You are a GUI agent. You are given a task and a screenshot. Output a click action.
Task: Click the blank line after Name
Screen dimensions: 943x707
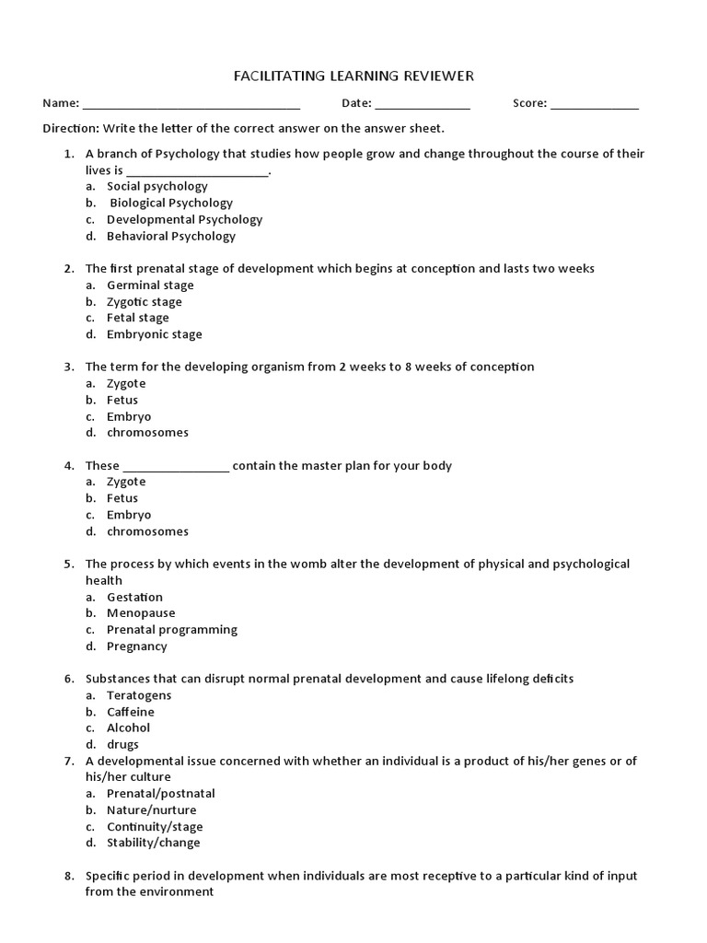191,105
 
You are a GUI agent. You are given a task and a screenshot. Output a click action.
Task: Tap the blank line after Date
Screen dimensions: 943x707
423,105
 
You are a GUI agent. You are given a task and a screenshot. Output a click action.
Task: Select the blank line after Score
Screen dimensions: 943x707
595,105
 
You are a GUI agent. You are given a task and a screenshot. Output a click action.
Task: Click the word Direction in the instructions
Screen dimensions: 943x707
71,128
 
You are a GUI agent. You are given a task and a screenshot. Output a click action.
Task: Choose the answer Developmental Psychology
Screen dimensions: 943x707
184,219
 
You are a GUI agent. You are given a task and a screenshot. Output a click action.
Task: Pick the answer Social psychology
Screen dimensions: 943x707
156,186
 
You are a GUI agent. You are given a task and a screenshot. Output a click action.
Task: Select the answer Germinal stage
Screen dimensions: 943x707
150,285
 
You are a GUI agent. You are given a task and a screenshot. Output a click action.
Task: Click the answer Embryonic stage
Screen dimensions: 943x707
154,334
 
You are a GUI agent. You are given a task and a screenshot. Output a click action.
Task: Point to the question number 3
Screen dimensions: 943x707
69,367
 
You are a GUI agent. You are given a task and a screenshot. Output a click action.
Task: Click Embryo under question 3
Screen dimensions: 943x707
129,416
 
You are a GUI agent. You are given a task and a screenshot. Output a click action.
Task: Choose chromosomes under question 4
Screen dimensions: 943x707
147,531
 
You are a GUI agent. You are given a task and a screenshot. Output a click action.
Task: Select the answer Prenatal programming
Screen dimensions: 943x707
171,630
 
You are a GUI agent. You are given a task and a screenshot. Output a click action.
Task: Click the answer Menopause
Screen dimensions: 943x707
141,613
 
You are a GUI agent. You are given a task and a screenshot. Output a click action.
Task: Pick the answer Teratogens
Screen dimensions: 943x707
139,695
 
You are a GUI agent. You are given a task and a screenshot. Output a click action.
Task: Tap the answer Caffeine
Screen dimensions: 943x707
131,712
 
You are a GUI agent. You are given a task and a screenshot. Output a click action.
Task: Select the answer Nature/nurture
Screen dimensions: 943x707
151,810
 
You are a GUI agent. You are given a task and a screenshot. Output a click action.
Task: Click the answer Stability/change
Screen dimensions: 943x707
153,843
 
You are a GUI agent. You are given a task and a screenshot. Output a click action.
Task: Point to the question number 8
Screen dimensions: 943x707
69,876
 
